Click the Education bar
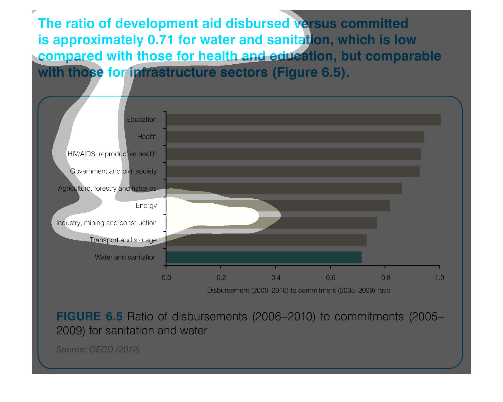click(303, 120)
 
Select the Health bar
click(295, 137)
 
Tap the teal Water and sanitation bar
click(264, 257)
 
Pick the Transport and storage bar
click(266, 240)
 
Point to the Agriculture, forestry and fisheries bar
click(284, 189)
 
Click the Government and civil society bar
click(293, 171)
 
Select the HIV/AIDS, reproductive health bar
click(293, 154)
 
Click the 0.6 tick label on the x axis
click(330, 278)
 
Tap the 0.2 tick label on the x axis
click(221, 278)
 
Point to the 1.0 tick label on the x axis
click(439, 278)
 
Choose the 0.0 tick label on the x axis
click(166, 278)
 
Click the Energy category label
click(146, 206)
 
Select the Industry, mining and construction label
click(106, 223)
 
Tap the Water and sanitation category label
click(126, 257)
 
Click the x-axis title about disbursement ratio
click(298, 290)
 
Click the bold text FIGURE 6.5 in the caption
click(89, 316)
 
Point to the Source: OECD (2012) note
click(98, 349)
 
